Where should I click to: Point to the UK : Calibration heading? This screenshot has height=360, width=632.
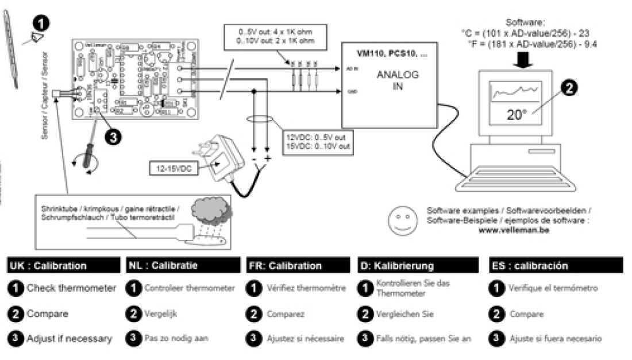point(48,266)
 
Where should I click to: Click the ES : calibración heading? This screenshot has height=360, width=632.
point(530,266)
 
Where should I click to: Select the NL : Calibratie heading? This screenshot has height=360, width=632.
point(162,266)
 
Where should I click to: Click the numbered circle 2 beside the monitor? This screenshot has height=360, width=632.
point(569,88)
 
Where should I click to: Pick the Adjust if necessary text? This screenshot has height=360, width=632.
point(69,339)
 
